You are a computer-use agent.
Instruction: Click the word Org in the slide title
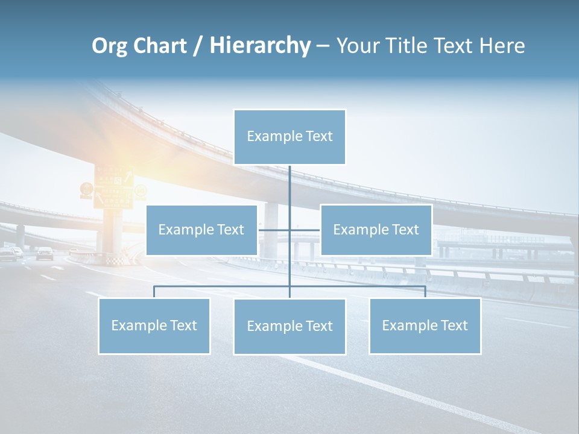tap(110, 46)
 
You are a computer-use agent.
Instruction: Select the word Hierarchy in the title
tap(259, 46)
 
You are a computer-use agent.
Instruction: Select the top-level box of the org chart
tap(289, 137)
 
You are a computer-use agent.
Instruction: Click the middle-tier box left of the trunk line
tap(201, 230)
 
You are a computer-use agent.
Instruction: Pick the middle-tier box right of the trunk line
tap(376, 230)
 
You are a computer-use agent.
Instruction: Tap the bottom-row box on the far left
tap(154, 325)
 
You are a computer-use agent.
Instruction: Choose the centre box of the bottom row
tap(289, 326)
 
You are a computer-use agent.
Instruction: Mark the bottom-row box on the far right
tap(425, 325)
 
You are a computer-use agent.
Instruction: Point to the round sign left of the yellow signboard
tap(86, 189)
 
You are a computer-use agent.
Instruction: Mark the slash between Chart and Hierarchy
tap(197, 46)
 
